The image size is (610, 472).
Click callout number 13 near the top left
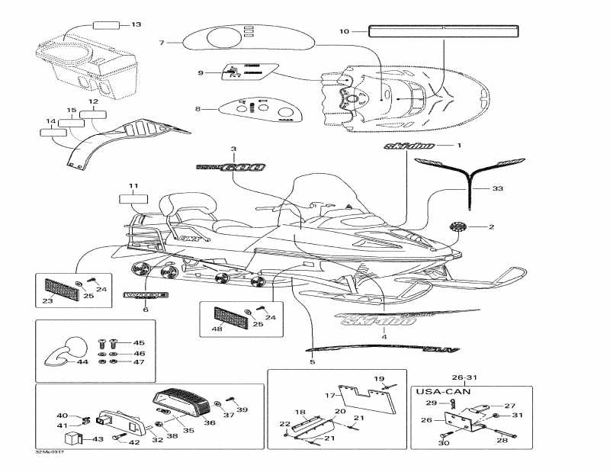tap(136, 25)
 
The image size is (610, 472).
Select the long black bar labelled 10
tap(443, 31)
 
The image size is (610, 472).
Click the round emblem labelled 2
tap(458, 226)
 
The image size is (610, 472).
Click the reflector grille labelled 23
tap(59, 289)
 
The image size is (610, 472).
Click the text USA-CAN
tap(441, 391)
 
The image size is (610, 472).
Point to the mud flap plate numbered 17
tap(363, 396)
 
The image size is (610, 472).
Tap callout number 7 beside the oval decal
tap(162, 43)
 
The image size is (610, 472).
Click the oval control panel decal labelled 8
tap(257, 109)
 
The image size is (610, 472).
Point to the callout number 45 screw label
tap(139, 342)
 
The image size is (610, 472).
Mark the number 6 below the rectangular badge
tap(145, 310)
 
